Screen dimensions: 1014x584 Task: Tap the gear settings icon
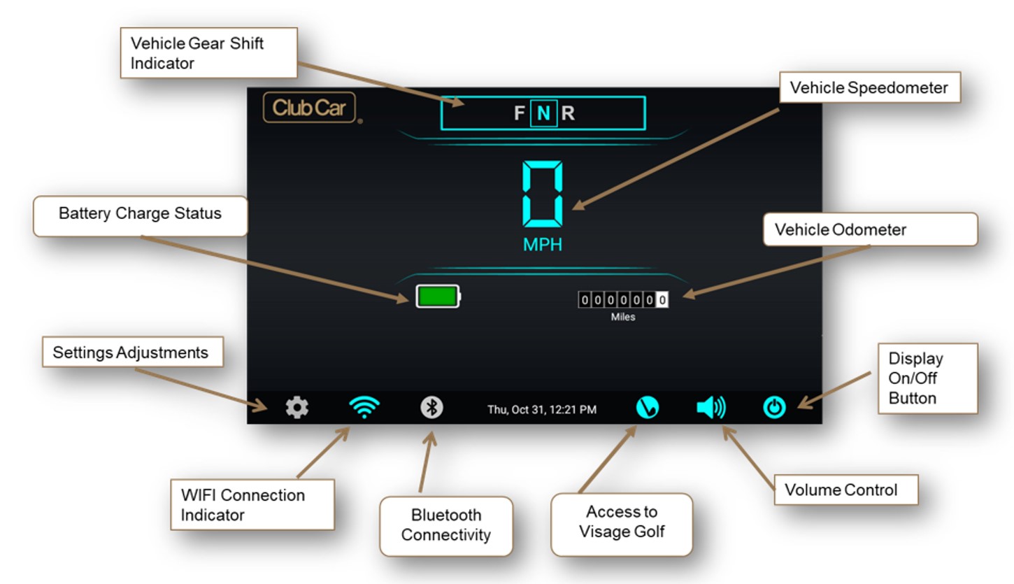(x=297, y=408)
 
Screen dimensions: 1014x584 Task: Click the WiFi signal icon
(x=364, y=407)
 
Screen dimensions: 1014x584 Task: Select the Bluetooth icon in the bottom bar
(x=431, y=408)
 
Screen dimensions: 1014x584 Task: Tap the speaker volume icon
(x=711, y=407)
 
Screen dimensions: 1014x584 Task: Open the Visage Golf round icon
(x=648, y=408)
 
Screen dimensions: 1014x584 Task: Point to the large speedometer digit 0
(x=542, y=194)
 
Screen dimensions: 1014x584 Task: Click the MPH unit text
(x=542, y=245)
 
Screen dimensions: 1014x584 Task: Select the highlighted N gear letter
(x=543, y=113)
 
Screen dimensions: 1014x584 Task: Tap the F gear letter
(x=519, y=113)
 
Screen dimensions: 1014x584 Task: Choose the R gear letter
(x=568, y=113)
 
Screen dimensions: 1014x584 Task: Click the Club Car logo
(x=310, y=108)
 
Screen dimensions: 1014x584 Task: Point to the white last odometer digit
(x=662, y=300)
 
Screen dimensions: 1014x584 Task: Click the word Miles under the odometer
(x=623, y=317)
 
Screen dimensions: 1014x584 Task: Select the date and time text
(x=542, y=410)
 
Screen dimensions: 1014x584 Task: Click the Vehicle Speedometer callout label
(x=870, y=87)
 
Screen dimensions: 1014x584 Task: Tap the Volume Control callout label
(x=846, y=490)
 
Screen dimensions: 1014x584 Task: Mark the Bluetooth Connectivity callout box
(x=446, y=526)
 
